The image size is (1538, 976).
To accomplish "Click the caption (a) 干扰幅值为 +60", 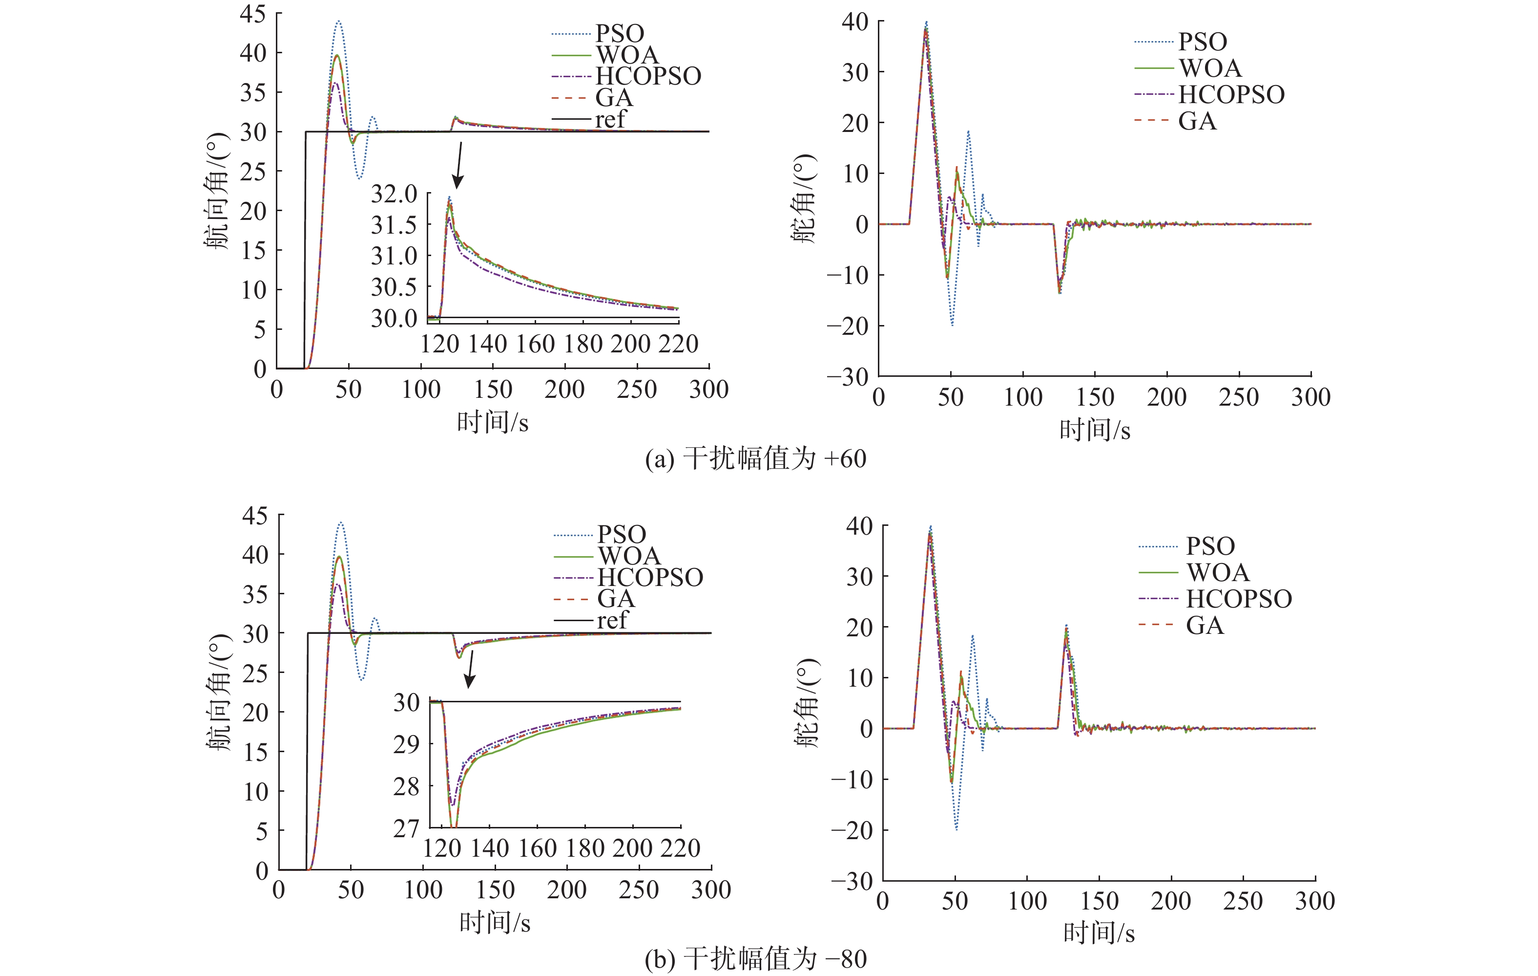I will click(x=755, y=459).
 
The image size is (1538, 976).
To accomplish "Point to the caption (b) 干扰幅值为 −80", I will click(x=755, y=959).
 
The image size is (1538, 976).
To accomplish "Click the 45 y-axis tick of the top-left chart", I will click(x=253, y=13).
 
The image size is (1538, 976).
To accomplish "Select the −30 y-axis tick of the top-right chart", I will click(x=848, y=376).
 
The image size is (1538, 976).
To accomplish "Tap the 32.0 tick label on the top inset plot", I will click(x=394, y=194).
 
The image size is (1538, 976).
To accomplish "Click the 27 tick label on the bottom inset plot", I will click(x=406, y=828).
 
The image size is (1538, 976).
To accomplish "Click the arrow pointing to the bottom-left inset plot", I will click(x=470, y=669).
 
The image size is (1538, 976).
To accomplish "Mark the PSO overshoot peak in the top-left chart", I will click(x=338, y=22).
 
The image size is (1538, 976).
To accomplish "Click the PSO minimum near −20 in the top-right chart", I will click(x=952, y=325).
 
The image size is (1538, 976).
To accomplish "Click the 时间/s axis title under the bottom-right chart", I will click(x=1099, y=933).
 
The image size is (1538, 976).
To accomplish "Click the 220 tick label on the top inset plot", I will click(x=678, y=344).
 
